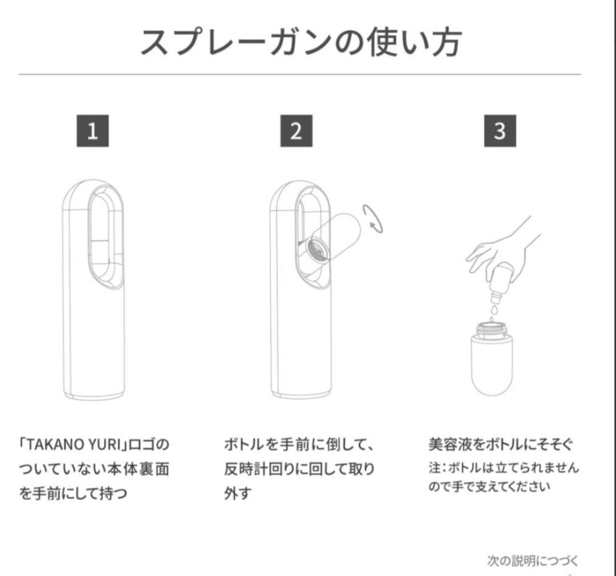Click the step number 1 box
coord(92,131)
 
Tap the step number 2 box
coord(296,131)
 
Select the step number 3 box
coord(500,131)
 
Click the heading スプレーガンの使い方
coord(301,42)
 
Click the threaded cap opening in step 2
coord(317,249)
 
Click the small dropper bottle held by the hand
coord(501,283)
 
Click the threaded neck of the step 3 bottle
coord(492,329)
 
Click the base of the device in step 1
coord(94,395)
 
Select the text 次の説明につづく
coord(533,561)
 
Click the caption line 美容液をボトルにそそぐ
coord(501,444)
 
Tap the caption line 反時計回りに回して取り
coord(299,469)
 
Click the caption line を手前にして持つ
coord(73,493)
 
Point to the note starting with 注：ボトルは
coord(503,477)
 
